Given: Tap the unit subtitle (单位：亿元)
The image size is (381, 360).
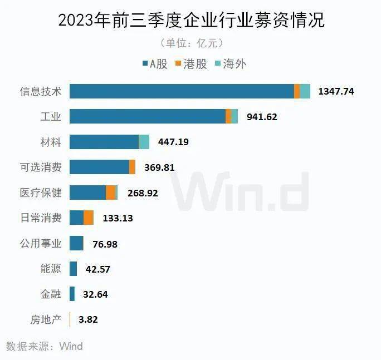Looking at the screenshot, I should point(191,43).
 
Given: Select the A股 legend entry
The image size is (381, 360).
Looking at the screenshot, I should point(154,64).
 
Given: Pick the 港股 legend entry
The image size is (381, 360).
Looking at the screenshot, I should point(191,64).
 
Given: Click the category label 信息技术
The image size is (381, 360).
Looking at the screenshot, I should point(40,91).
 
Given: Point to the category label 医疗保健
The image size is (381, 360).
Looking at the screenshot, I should point(40,193).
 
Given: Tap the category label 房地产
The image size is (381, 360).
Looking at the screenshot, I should point(45,319).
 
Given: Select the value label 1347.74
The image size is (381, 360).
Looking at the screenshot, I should point(336,91).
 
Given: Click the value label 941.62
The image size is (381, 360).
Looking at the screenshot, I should point(259,117).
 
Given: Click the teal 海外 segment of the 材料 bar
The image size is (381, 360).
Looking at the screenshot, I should point(144,142).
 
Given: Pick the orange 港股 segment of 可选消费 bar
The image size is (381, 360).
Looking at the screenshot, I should point(132,167).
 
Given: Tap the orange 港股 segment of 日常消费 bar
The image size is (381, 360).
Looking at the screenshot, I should point(89,218).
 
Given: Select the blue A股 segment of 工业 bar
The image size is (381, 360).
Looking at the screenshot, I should point(147,116).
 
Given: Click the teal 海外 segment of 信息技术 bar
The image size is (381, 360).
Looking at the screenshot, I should point(305,91).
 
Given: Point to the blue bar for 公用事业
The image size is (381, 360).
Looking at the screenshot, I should point(76,243).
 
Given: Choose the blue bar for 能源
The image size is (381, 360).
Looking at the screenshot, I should point(73,269).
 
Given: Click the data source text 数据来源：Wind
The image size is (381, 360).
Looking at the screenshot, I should point(45,346).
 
